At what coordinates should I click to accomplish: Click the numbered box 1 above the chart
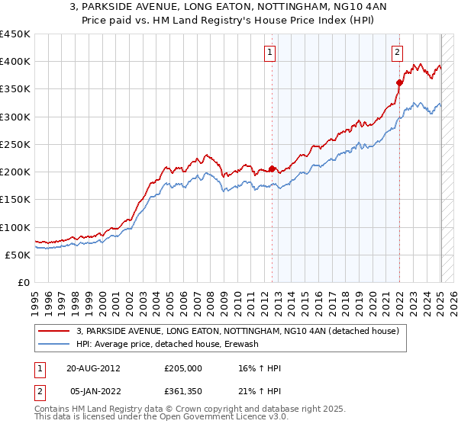coord(271,53)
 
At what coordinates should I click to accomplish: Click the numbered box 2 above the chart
coord(398,53)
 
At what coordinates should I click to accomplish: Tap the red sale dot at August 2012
coord(272,169)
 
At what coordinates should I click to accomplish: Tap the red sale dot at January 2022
coord(399,82)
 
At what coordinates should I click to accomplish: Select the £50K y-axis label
coord(18,255)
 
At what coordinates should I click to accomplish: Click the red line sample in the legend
coord(54,331)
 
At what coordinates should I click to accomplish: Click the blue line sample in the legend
coord(54,344)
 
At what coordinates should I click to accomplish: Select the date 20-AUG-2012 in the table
coord(93,368)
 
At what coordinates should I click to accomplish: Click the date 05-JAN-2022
coord(93,392)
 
